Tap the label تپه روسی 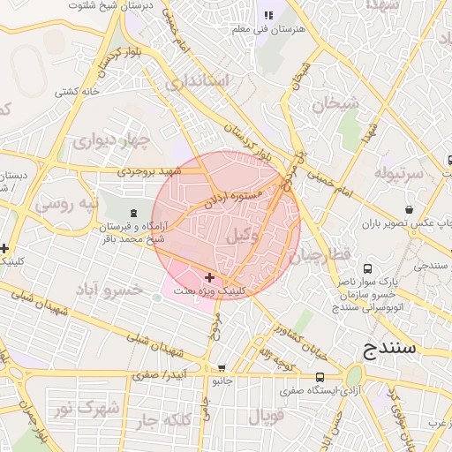pyautogui.click(x=61, y=204)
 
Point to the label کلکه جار pyautogui.click(x=165, y=422)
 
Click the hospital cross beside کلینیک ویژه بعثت pyautogui.click(x=208, y=277)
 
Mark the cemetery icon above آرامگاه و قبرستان pyautogui.click(x=133, y=212)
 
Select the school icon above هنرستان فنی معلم pyautogui.click(x=268, y=16)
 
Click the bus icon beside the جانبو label pyautogui.click(x=221, y=367)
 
